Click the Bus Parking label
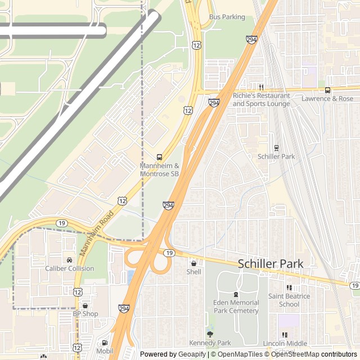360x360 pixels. [227, 17]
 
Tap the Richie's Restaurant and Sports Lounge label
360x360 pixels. [262, 100]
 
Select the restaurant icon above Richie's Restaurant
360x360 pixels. [262, 87]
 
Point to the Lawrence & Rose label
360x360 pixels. [327, 98]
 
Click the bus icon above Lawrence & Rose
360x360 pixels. [327, 90]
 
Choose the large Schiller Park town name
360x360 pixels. [270, 263]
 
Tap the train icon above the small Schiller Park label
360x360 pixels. [276, 148]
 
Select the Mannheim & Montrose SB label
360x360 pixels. [159, 170]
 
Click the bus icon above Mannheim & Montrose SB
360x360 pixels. [159, 157]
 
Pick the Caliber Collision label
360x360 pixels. [70, 268]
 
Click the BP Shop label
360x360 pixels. [85, 314]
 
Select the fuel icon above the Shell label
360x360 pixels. [193, 263]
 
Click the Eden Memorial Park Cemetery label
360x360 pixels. [236, 307]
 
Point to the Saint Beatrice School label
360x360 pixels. [289, 300]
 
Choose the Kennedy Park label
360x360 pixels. [210, 343]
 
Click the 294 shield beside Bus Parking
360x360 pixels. [251, 39]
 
